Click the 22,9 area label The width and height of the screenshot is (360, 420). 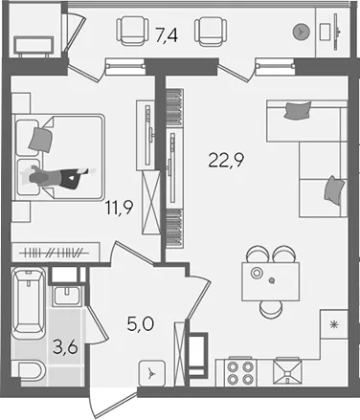point(226,160)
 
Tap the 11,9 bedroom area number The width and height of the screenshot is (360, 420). point(120,209)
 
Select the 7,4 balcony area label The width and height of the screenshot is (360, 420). point(167,34)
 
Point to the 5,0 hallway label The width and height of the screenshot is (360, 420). point(141,324)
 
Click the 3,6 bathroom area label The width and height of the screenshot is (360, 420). point(65,346)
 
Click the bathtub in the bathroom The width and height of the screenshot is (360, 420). point(29,304)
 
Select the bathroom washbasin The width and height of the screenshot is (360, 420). point(68,297)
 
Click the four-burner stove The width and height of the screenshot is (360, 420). point(240,373)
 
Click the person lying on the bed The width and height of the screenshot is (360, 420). point(58,178)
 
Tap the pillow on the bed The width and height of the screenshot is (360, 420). point(40,140)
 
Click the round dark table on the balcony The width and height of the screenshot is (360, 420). point(302,32)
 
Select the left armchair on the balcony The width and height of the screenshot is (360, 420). point(132,31)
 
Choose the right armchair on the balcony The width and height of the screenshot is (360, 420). point(211,31)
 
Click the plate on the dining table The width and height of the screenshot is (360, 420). point(257,273)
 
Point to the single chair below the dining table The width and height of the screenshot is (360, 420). point(271,309)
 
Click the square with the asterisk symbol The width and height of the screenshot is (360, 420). point(334,324)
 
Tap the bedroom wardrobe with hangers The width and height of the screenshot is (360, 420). point(56,253)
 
